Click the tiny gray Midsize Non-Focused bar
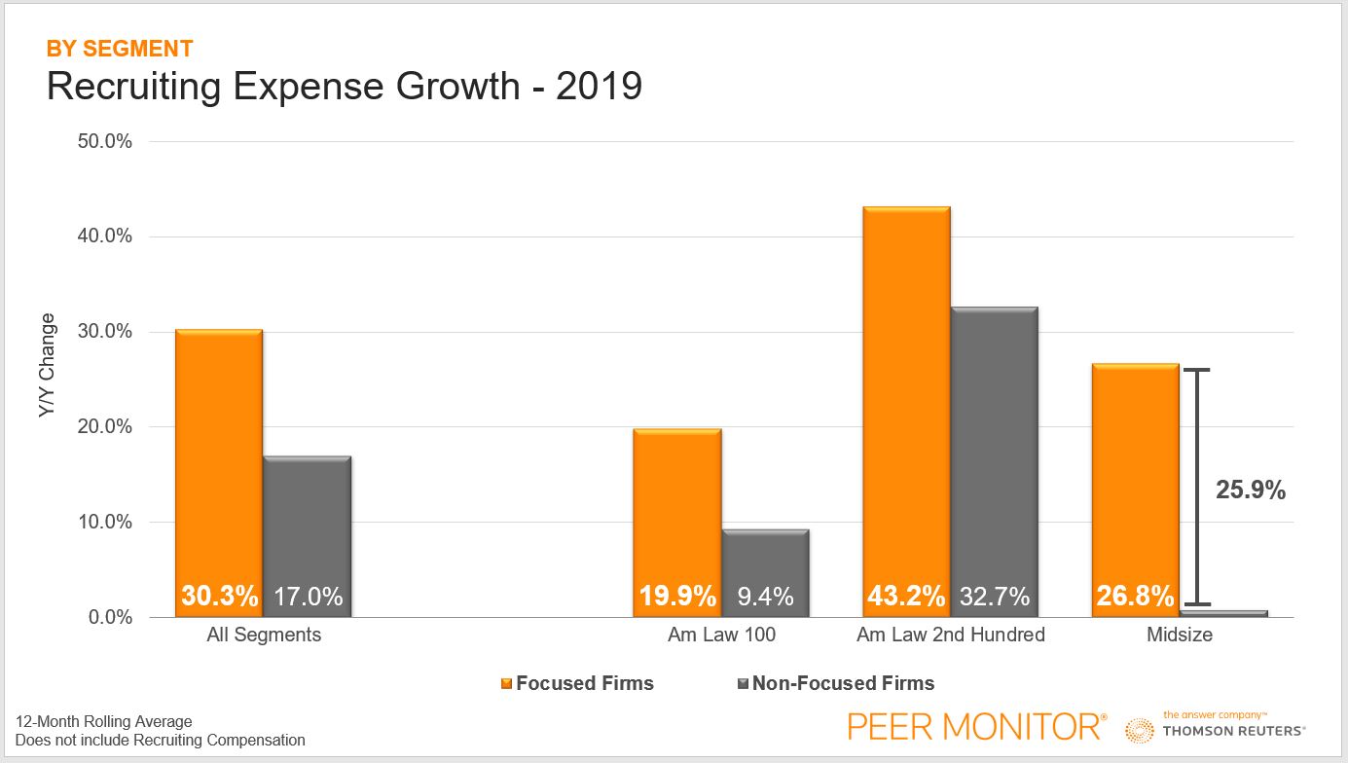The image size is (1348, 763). tap(1223, 613)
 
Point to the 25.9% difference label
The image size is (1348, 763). tap(1251, 490)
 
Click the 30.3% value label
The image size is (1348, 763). tap(219, 596)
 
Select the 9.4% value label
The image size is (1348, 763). tap(765, 596)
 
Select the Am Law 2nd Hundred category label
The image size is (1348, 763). tap(950, 636)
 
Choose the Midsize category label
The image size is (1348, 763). tap(1180, 636)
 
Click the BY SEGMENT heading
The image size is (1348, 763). tap(120, 49)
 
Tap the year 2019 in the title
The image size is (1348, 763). tap(599, 87)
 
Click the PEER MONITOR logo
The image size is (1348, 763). tap(976, 726)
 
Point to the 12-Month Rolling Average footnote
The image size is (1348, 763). tap(104, 722)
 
